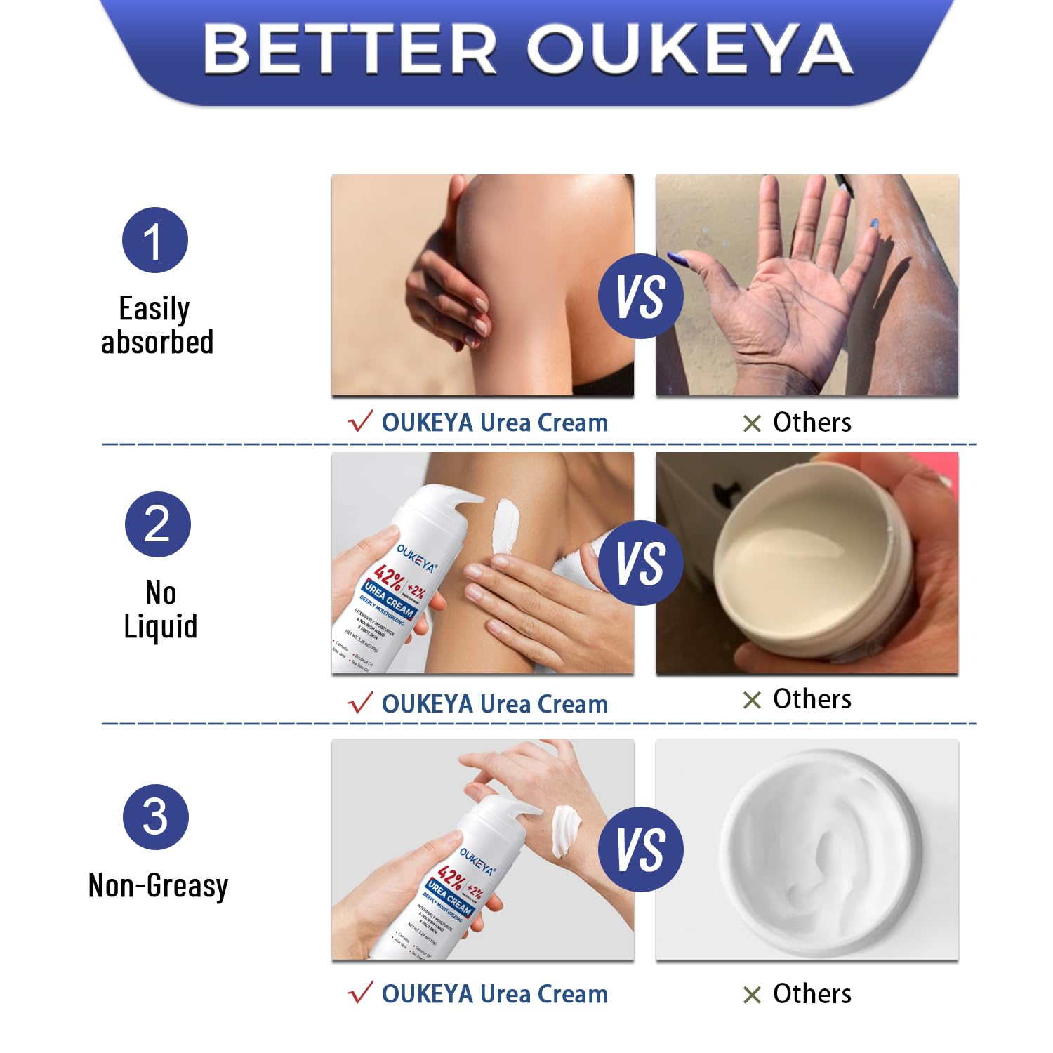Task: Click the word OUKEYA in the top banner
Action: tap(689, 48)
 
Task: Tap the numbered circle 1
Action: tap(155, 240)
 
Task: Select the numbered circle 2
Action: tap(157, 524)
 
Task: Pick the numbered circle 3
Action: tap(155, 816)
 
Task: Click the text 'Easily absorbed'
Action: tap(157, 325)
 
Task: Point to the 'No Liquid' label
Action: tap(160, 609)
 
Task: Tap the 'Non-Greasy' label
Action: tap(158, 886)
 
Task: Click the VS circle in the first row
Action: tap(640, 296)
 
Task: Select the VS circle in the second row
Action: tap(640, 562)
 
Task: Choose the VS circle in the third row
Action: tap(640, 849)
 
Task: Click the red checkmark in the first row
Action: tap(360, 422)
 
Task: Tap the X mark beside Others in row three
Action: tap(752, 995)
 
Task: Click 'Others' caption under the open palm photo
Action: tap(812, 422)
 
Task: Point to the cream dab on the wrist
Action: tap(564, 830)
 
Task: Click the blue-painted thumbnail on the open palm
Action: tap(679, 258)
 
